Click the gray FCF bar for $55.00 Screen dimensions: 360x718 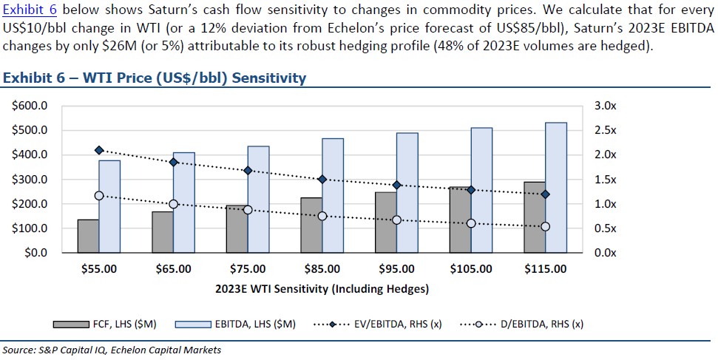pos(88,236)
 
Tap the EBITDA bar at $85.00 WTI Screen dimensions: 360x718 pos(332,195)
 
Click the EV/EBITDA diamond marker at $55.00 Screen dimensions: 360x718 pos(99,150)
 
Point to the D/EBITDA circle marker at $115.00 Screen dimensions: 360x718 pos(546,226)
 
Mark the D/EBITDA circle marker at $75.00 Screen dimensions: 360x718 pos(248,210)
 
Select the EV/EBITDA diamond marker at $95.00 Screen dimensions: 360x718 pos(397,185)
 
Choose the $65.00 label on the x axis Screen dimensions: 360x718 pos(173,269)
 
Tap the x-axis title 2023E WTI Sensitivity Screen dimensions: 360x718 pos(322,288)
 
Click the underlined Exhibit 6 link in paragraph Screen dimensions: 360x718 pos(30,10)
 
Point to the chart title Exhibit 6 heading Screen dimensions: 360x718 pos(155,78)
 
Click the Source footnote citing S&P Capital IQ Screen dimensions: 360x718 pos(111,350)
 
